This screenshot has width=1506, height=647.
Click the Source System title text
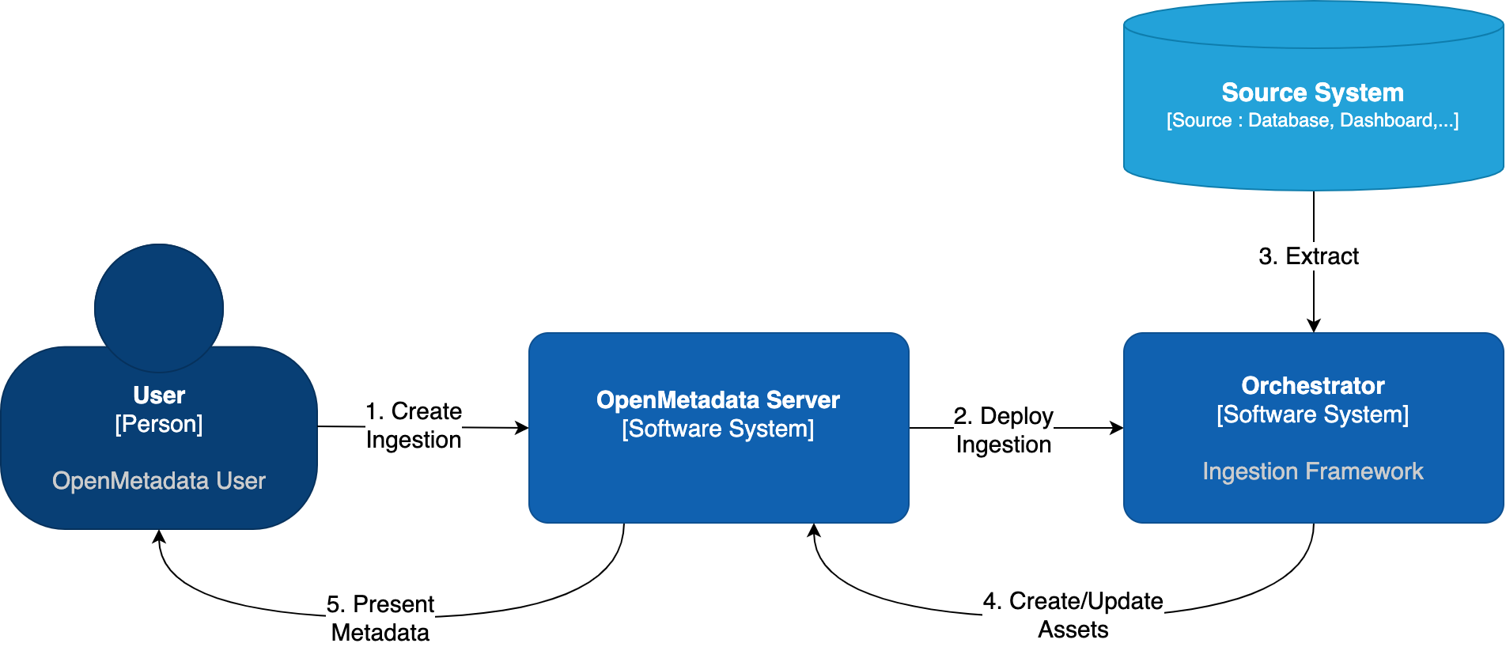pyautogui.click(x=1312, y=93)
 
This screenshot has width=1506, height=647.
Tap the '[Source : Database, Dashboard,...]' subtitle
pyautogui.click(x=1312, y=120)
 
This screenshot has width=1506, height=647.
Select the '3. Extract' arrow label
pyautogui.click(x=1308, y=256)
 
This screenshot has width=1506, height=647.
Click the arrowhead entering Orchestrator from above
pyautogui.click(x=1314, y=325)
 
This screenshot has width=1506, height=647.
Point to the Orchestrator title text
pyautogui.click(x=1312, y=385)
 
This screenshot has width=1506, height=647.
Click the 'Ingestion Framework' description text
pyautogui.click(x=1312, y=471)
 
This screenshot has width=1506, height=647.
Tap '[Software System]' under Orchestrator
pyautogui.click(x=1312, y=414)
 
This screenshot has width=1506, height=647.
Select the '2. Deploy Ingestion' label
pyautogui.click(x=1003, y=429)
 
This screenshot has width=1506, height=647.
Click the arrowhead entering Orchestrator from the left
pyautogui.click(x=1116, y=428)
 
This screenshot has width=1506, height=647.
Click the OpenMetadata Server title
pyautogui.click(x=717, y=399)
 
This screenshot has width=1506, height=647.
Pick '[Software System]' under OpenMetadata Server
pyautogui.click(x=717, y=429)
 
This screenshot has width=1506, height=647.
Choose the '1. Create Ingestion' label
pyautogui.click(x=414, y=425)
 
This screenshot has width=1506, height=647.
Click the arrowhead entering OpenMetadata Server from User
pyautogui.click(x=521, y=428)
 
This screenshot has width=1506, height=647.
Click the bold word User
pyautogui.click(x=159, y=395)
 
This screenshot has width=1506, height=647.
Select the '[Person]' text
pyautogui.click(x=159, y=424)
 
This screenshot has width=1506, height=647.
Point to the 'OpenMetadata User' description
pyautogui.click(x=159, y=481)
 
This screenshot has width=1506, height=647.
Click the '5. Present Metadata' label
pyautogui.click(x=380, y=618)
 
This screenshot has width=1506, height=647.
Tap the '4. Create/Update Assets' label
pyautogui.click(x=1073, y=615)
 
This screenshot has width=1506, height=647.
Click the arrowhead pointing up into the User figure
pyautogui.click(x=159, y=537)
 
